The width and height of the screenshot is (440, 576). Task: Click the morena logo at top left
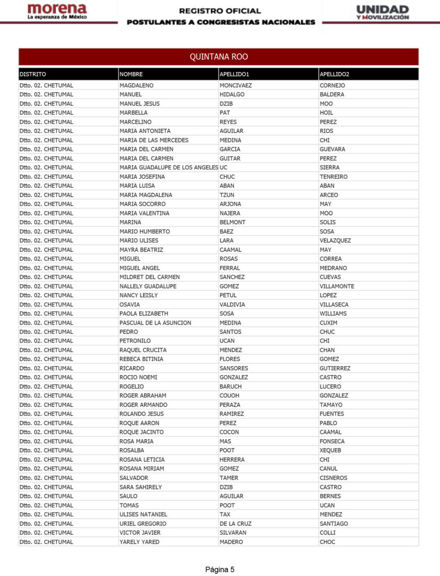coord(57,12)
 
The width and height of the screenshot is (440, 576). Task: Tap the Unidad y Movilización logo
coord(383,12)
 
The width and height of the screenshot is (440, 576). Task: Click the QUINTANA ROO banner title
coord(219,57)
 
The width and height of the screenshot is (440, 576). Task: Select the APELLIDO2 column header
coord(334,74)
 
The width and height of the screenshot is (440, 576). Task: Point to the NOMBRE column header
coord(131,74)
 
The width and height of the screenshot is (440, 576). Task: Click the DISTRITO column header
coord(33,74)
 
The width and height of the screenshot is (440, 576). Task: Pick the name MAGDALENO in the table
coord(136,85)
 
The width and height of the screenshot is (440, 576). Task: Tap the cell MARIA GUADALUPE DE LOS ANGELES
coord(168,168)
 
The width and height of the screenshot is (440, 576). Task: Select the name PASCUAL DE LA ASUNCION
coord(155,323)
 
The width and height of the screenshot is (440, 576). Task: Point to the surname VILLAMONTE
coord(337,286)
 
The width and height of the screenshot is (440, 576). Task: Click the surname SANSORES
coord(234,368)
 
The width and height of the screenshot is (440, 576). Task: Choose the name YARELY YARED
coord(139,542)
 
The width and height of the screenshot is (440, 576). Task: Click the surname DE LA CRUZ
coord(235,524)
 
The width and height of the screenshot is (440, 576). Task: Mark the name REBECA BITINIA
coord(141,359)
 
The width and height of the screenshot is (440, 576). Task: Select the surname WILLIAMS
coord(333,313)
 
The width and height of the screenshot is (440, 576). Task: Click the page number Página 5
coord(220,569)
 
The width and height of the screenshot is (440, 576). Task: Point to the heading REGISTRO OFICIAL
coord(220,11)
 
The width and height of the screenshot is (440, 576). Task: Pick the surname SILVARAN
coord(233,533)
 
